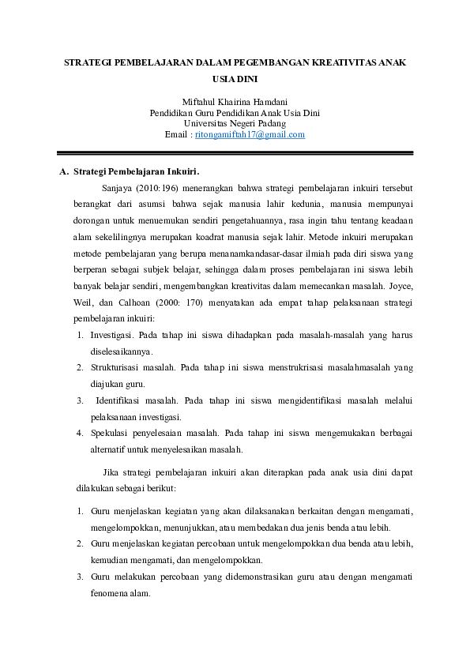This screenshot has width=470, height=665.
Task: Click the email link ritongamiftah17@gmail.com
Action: (250, 135)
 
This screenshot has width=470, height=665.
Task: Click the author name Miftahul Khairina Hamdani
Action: (235, 102)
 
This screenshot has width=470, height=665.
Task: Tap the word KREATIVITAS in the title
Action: (340, 61)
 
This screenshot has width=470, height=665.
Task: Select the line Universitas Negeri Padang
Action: (235, 124)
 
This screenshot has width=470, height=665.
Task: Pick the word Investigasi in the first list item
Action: (113, 335)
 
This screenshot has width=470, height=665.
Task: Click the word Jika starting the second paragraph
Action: (112, 472)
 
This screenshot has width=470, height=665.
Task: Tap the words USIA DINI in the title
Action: (235, 78)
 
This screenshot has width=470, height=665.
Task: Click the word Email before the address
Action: (177, 135)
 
